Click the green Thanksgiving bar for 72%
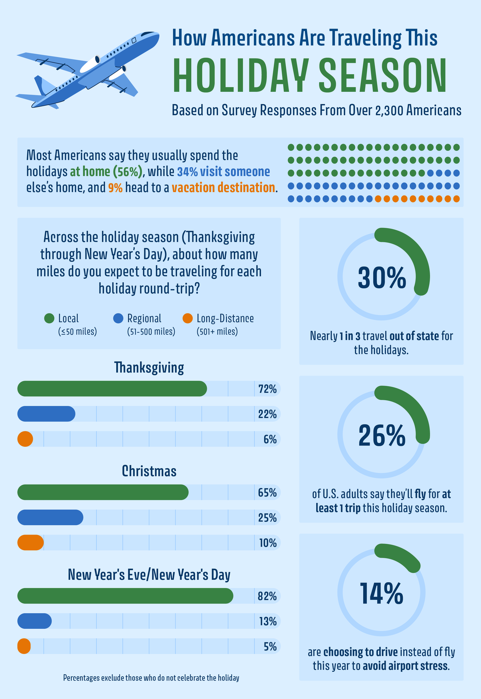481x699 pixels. [x=112, y=389]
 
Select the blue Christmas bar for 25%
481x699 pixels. [x=50, y=517]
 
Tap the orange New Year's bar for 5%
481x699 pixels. [x=24, y=646]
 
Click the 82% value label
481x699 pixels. [x=267, y=596]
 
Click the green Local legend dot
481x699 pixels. [x=49, y=318]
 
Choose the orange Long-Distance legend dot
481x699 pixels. [x=187, y=318]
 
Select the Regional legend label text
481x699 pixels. [x=144, y=318]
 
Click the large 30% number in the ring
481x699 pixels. [x=382, y=278]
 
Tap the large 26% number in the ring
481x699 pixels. [x=382, y=436]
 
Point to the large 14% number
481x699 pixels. [x=382, y=594]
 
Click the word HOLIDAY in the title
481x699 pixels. [x=240, y=76]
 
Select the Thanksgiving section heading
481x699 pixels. [x=149, y=367]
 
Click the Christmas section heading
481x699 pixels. [x=149, y=471]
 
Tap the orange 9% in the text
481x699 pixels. [x=115, y=188]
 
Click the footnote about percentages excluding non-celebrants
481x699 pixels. [x=151, y=678]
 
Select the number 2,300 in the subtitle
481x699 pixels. [x=390, y=110]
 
